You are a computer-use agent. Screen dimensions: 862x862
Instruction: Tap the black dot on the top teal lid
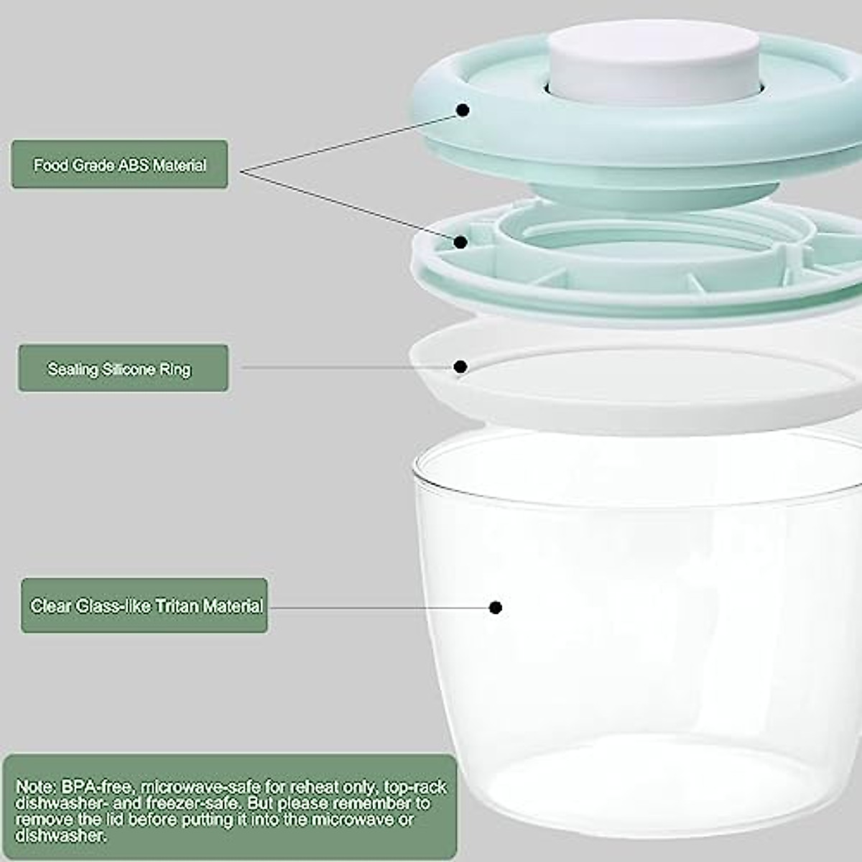(x=463, y=111)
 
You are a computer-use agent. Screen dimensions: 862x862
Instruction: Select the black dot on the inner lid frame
(x=461, y=242)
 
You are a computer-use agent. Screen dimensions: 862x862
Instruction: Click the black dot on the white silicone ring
(x=461, y=367)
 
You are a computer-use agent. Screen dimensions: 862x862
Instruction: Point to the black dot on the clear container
(x=495, y=608)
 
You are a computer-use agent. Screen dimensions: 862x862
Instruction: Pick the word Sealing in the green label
(x=73, y=369)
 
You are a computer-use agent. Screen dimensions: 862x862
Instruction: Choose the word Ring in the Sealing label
(x=176, y=369)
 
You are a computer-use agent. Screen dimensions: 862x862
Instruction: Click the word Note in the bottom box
(x=34, y=787)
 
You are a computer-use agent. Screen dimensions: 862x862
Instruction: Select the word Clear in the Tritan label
(x=51, y=606)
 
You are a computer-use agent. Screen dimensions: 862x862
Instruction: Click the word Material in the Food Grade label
(x=179, y=165)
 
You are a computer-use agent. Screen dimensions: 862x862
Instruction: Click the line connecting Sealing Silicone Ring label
(x=345, y=367)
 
